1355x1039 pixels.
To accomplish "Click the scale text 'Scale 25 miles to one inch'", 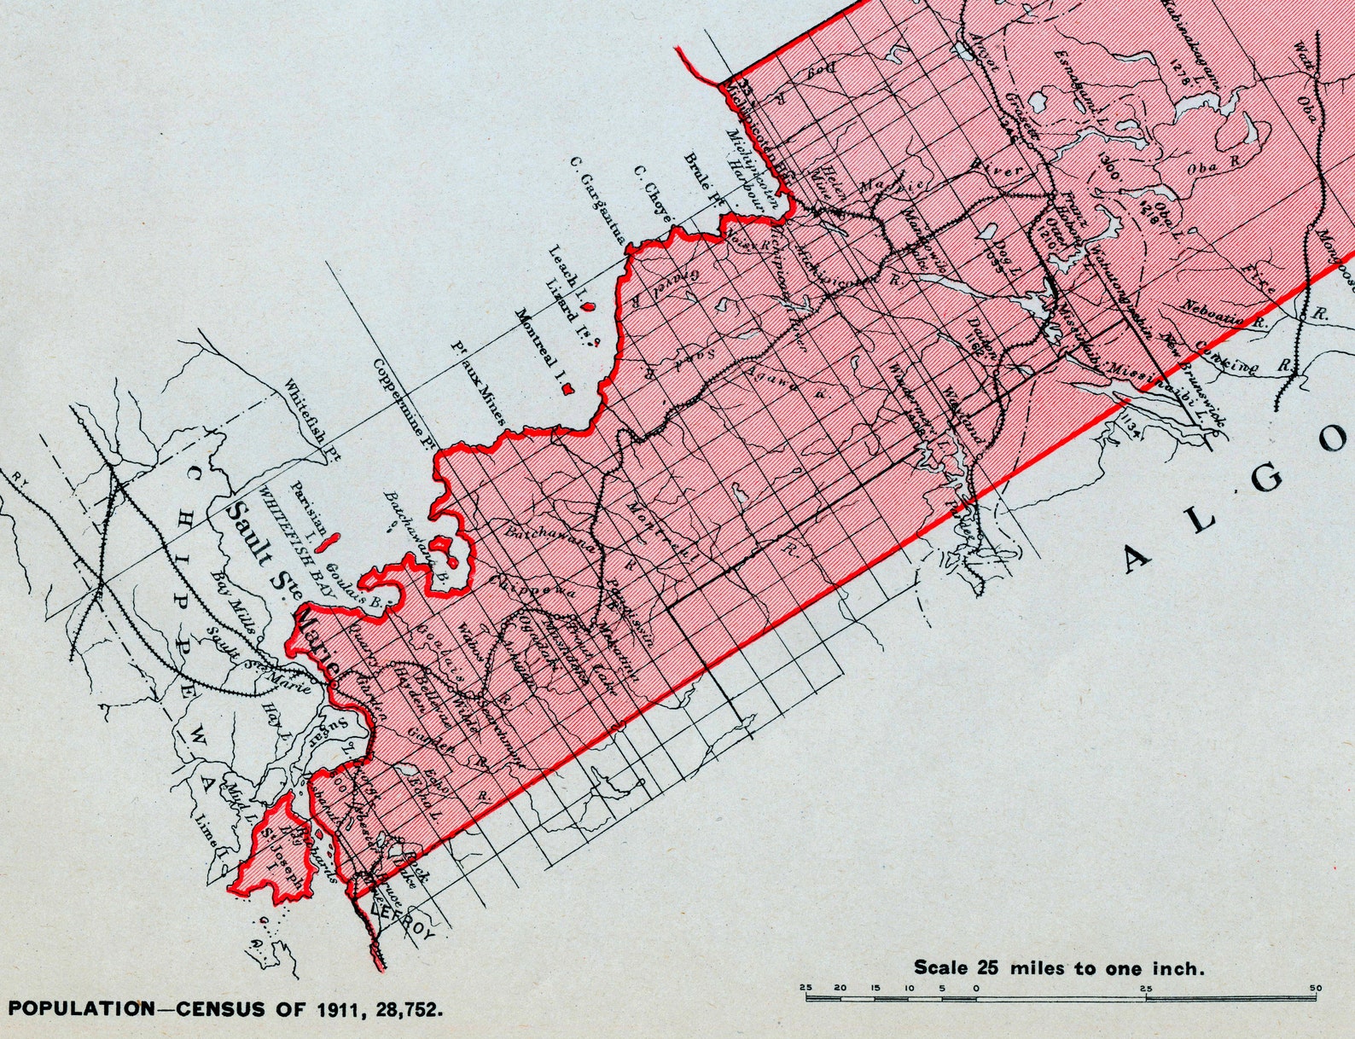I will click(x=1059, y=967).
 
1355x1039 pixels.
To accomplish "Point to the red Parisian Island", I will click(x=326, y=541).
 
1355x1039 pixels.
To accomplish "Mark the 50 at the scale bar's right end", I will click(x=1315, y=988).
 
